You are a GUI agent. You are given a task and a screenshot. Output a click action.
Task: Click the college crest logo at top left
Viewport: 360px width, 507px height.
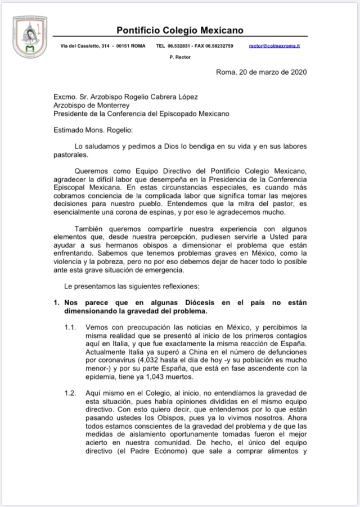point(30,38)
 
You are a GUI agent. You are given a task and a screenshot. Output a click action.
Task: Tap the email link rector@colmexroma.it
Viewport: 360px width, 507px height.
point(274,46)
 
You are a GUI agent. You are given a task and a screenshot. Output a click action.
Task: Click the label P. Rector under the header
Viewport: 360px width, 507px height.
point(180,57)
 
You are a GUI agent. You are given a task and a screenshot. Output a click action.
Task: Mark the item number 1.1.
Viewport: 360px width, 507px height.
point(70,327)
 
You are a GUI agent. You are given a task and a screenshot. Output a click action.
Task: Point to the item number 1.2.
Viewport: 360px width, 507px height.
point(70,393)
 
